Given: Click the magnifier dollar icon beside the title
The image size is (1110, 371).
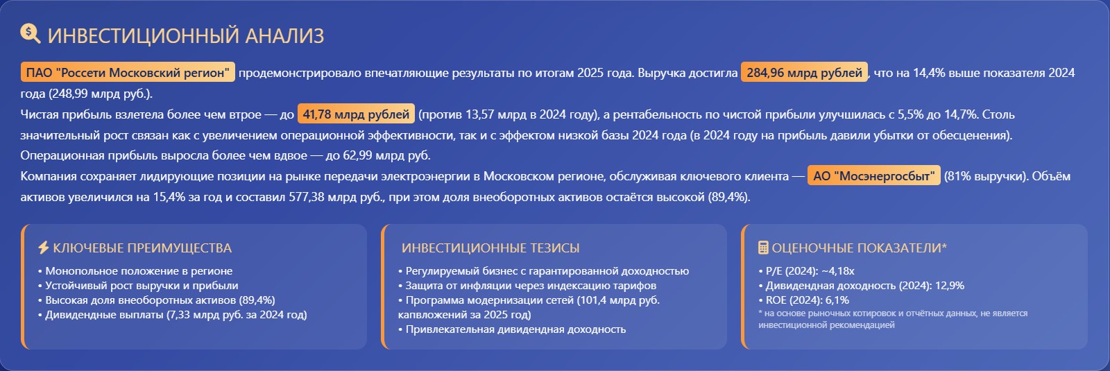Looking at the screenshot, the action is [31, 34].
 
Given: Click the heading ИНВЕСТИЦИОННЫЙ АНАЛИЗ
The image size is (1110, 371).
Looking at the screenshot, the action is [186, 36].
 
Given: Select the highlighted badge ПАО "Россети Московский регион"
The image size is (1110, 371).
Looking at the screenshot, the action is [128, 72].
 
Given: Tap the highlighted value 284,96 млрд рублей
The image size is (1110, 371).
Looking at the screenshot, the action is [804, 72].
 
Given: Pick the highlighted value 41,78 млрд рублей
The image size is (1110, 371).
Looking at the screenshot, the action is [356, 114].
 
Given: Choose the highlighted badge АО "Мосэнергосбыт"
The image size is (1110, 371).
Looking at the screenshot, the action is [873, 176].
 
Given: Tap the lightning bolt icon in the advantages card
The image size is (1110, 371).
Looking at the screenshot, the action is [44, 247].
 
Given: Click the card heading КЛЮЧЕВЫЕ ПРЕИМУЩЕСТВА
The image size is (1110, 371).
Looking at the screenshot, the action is [142, 248].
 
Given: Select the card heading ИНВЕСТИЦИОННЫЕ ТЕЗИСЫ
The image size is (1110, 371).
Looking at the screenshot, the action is [490, 248].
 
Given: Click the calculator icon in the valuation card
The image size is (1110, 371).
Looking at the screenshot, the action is [763, 247].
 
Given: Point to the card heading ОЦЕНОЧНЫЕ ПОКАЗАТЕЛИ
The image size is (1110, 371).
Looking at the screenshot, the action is [860, 248].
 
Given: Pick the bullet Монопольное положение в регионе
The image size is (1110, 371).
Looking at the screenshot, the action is [139, 271].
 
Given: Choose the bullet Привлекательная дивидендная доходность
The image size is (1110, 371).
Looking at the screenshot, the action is [515, 329].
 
